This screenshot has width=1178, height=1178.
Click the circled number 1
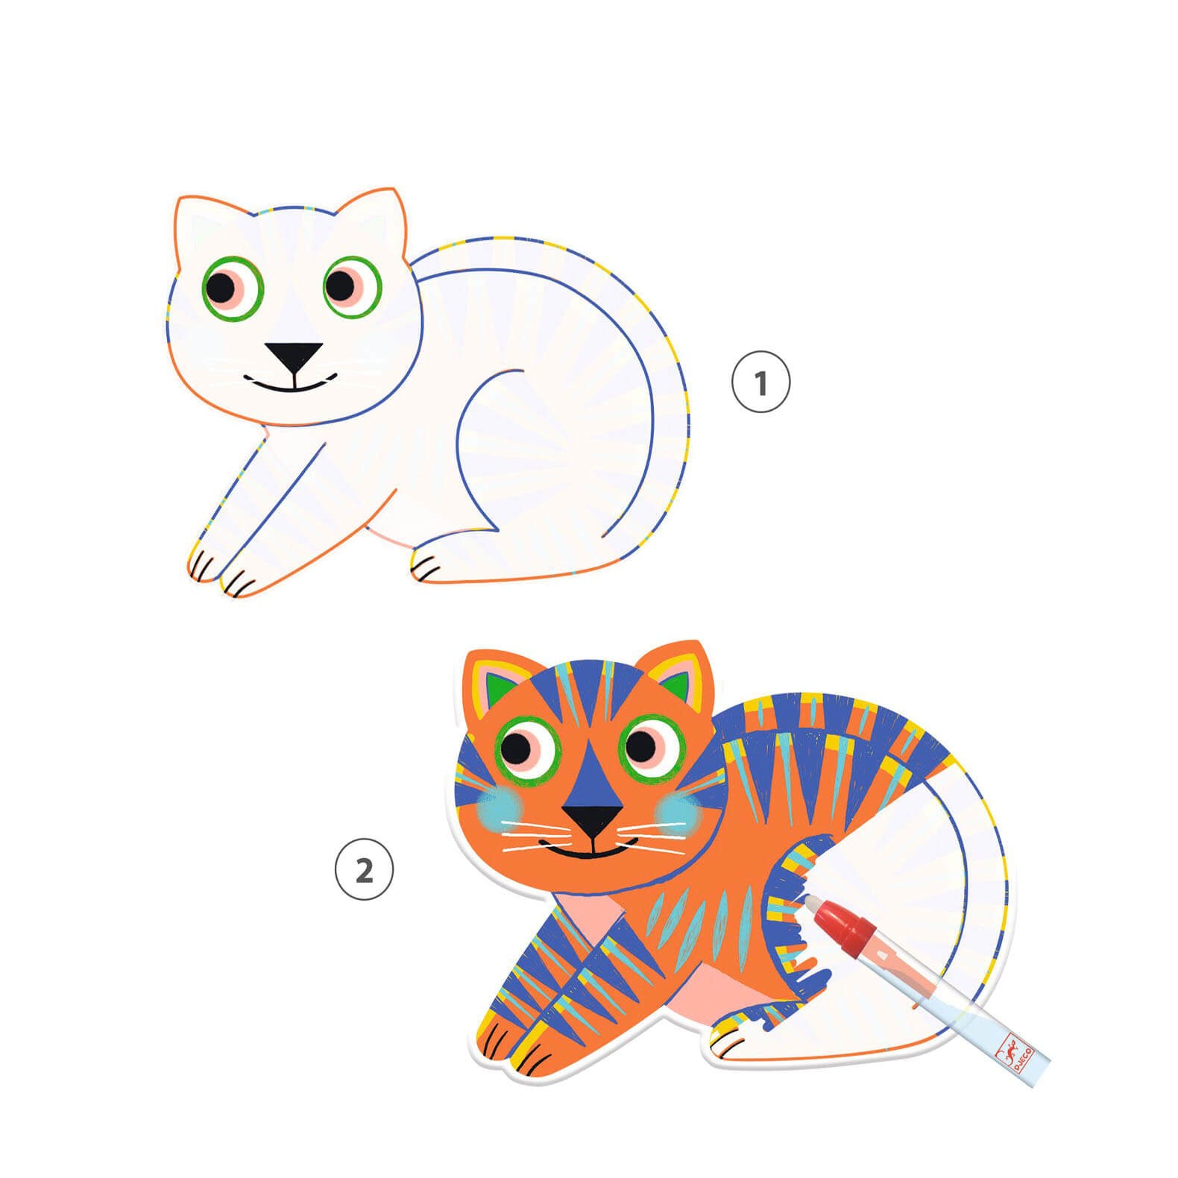[x=760, y=383]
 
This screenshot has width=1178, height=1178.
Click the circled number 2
[x=364, y=869]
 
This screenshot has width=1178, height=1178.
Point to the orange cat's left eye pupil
[x=517, y=746]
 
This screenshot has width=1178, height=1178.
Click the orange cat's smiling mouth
[x=593, y=850]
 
